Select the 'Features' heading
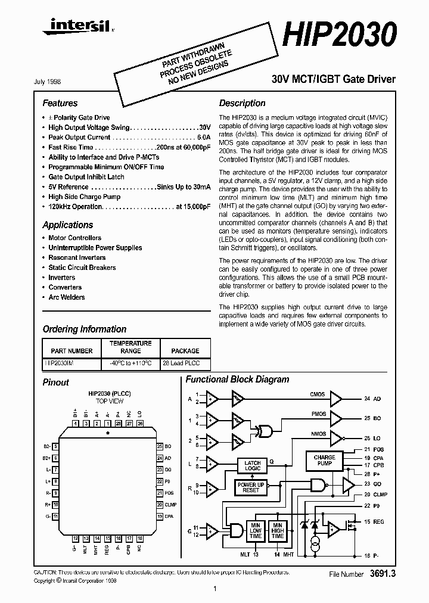click(60, 103)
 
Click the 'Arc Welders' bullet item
click(66, 297)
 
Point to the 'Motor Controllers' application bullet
click(74, 238)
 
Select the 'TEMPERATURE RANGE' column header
click(130, 347)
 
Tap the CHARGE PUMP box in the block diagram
click(324, 461)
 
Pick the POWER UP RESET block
click(251, 487)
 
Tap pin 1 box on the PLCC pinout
click(107, 424)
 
